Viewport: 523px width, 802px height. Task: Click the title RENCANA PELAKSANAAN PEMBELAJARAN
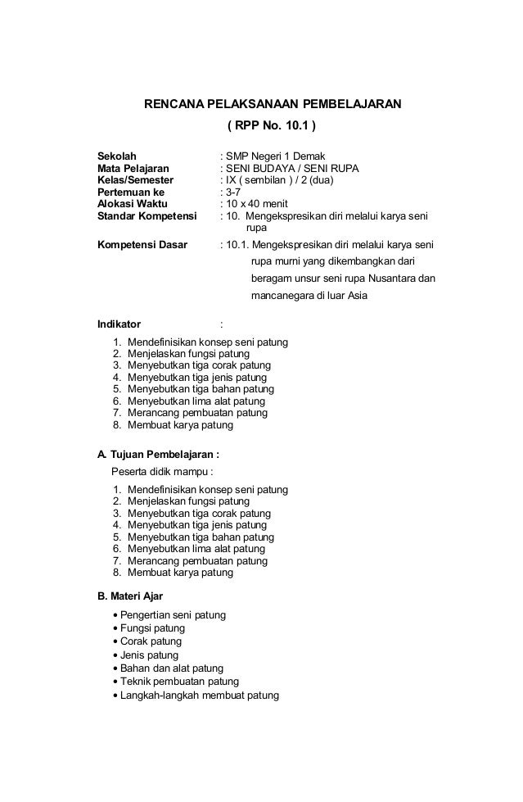pyautogui.click(x=273, y=105)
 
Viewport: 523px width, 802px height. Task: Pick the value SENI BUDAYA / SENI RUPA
pyautogui.click(x=293, y=168)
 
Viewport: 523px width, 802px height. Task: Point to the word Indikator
pyautogui.click(x=119, y=324)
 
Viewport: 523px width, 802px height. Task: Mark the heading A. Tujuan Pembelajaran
pyautogui.click(x=158, y=453)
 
